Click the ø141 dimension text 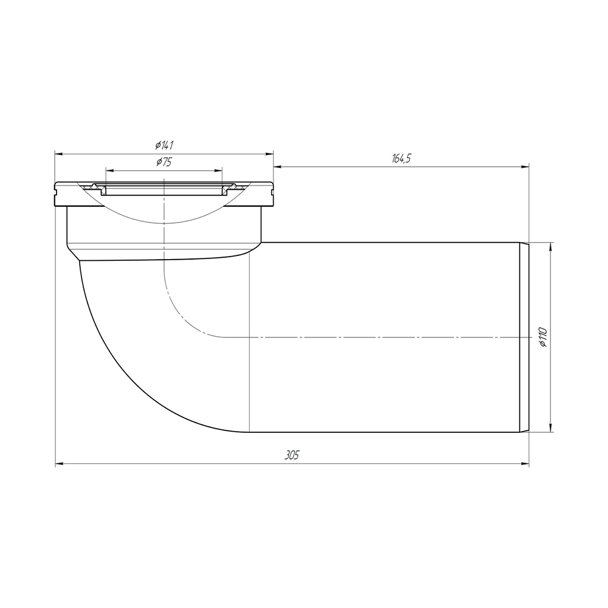click(x=164, y=145)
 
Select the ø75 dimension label click(x=164, y=162)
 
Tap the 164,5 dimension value click(x=401, y=159)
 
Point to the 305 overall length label click(x=292, y=455)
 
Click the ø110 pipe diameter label click(x=543, y=337)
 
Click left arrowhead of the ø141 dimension click(x=59, y=154)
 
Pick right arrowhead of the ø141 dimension click(x=270, y=154)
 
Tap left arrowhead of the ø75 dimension click(x=109, y=170)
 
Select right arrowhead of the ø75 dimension click(x=219, y=170)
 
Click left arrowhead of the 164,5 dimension click(x=278, y=167)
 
